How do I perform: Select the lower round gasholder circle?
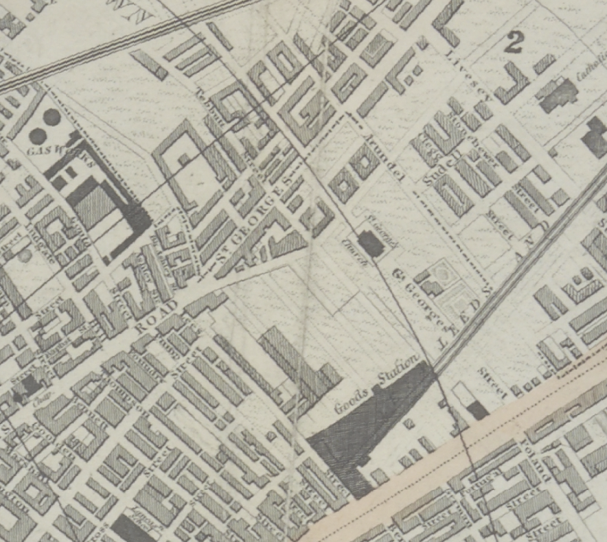37,134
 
